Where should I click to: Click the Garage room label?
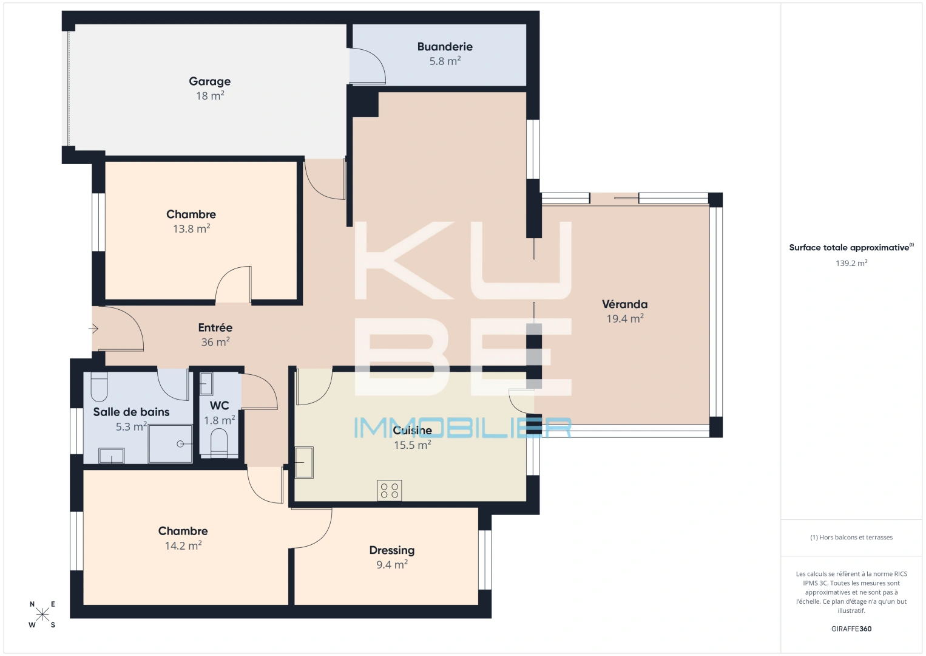click(x=209, y=81)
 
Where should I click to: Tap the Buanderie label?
click(x=445, y=46)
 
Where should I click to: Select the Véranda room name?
click(x=624, y=304)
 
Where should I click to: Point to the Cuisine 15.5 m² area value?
click(x=413, y=445)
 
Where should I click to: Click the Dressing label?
click(x=392, y=550)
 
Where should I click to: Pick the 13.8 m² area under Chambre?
click(x=191, y=229)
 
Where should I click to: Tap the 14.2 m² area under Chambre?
click(x=183, y=545)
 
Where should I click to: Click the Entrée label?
click(x=215, y=327)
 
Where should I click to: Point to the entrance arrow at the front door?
click(x=93, y=329)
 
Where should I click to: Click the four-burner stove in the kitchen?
click(x=390, y=490)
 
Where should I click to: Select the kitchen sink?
click(x=304, y=462)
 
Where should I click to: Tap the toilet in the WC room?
click(x=218, y=443)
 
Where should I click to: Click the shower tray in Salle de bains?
click(x=170, y=443)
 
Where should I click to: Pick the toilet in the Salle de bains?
click(x=99, y=386)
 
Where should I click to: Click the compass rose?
click(x=42, y=614)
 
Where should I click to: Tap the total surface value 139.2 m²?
click(x=851, y=263)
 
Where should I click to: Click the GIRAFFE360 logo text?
click(x=851, y=629)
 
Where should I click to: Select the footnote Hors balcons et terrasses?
click(x=851, y=537)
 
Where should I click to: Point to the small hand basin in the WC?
click(x=206, y=384)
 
